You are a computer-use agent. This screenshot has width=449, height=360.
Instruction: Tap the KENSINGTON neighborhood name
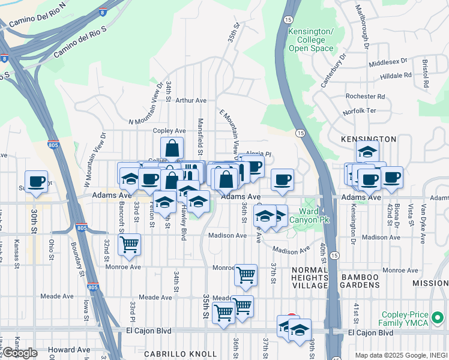[x=368, y=139]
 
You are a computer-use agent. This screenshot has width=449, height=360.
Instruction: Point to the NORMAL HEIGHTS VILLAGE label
[x=310, y=277]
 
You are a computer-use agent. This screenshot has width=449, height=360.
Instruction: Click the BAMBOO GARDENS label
[x=360, y=281]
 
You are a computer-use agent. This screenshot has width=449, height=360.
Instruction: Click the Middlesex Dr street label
[x=388, y=62]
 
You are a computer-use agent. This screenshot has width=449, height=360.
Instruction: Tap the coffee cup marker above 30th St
[x=36, y=181]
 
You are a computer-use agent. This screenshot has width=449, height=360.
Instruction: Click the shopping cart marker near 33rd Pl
[x=128, y=245]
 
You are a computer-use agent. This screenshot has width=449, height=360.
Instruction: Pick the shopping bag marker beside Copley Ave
[x=172, y=148]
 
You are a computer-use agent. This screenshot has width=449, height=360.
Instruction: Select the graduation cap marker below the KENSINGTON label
[x=367, y=152]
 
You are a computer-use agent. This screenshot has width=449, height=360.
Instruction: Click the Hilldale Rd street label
[x=396, y=76]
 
